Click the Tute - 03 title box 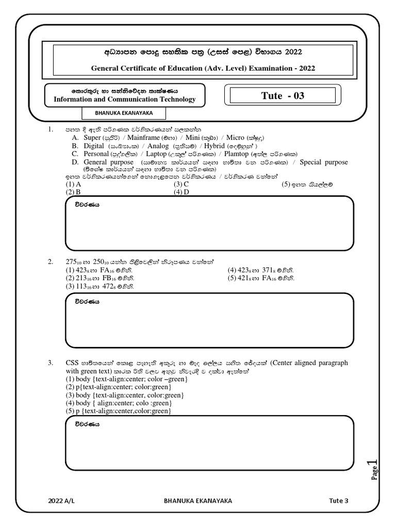click(x=283, y=96)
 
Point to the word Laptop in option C click(x=156, y=154)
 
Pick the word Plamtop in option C click(x=237, y=154)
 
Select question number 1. click(x=51, y=130)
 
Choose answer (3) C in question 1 click(x=181, y=184)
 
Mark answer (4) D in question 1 click(x=181, y=192)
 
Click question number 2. click(x=51, y=261)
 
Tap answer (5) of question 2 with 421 click(x=261, y=278)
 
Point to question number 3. click(x=51, y=363)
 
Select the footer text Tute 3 click(x=339, y=500)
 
